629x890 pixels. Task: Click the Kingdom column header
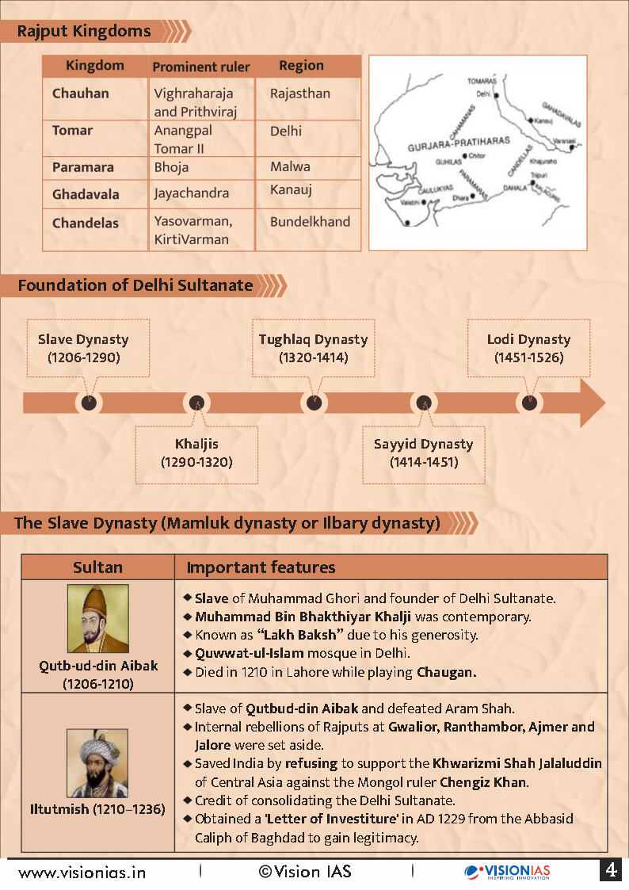point(94,66)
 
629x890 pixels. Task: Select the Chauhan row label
point(81,94)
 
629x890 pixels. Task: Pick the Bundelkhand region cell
point(310,222)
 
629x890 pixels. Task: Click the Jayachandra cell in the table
point(192,193)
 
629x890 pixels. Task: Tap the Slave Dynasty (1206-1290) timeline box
point(83,348)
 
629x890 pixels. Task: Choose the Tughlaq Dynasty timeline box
point(313,348)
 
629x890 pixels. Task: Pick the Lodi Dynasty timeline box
point(528,348)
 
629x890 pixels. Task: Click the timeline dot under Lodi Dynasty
point(530,403)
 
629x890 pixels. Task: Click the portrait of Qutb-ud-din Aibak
point(98,618)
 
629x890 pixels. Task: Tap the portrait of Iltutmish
point(97,763)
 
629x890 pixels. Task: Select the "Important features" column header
point(261,567)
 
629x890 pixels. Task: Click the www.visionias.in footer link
point(82,873)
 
